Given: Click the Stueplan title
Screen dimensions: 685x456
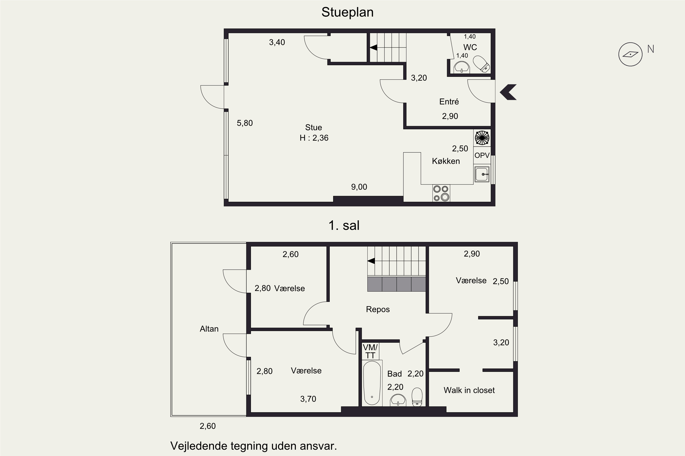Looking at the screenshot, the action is pos(348,13).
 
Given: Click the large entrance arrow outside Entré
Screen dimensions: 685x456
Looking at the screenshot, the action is pos(508,92).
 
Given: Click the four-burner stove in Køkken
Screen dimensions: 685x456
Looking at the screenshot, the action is pos(441,193).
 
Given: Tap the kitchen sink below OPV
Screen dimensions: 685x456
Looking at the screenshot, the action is pos(482,174).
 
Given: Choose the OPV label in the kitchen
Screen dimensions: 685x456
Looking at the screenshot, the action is pos(482,155).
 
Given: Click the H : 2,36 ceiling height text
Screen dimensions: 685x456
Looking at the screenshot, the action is pos(314,138).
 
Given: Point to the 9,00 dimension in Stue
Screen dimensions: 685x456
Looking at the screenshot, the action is pos(359,187).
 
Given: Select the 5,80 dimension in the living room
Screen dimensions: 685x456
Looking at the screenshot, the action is pos(245,123).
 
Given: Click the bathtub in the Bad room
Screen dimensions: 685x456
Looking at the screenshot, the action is pos(372,383).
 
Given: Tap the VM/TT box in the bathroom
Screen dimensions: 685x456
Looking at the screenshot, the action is pos(370,351).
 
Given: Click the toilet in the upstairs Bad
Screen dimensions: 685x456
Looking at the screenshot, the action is pos(417,397).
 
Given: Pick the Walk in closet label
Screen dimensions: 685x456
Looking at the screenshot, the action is pos(469,390).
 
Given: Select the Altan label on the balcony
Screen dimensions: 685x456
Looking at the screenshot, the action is pos(209,329).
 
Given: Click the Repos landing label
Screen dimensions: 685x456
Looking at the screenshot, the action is pos(378,309).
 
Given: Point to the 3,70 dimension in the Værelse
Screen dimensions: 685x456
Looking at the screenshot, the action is pos(308,399).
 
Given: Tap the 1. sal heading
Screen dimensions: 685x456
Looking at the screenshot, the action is pos(344,225).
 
